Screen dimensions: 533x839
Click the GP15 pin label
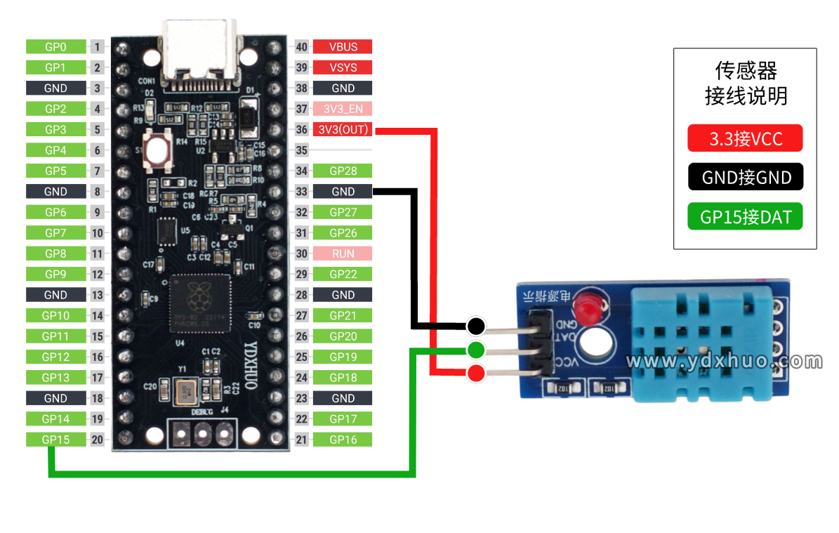56,440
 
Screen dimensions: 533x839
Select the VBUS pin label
343,47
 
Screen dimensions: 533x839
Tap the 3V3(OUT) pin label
343,130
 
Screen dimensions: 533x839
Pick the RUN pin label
343,254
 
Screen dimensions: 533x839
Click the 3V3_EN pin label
343,109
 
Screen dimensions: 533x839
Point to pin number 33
302,192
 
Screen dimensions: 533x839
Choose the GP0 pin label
56,47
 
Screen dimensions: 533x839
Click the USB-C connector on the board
200,49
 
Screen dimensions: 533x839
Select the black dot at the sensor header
476,326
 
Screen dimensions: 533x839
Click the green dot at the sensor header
476,349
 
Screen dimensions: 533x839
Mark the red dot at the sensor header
476,373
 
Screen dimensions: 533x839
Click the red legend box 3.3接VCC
745,138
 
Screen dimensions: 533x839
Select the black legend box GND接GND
745,177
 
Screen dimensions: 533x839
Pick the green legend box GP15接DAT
745,217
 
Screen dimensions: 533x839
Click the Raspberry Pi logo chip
200,303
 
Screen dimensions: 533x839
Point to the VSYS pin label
343,67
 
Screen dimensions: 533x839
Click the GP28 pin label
343,171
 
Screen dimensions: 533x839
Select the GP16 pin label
343,440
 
